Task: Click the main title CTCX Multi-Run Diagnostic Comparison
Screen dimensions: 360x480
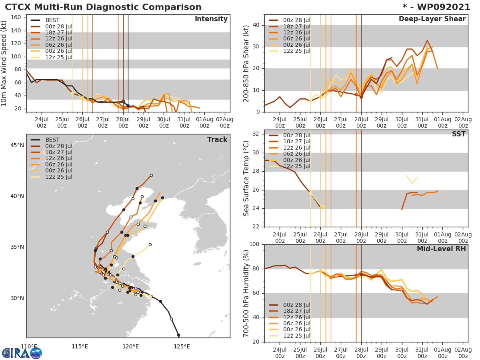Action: point(103,7)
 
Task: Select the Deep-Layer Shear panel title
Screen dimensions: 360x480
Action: point(432,19)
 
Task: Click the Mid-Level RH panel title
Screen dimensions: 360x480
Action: point(441,249)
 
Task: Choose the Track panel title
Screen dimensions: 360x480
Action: point(217,140)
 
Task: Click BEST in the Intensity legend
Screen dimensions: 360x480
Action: point(52,20)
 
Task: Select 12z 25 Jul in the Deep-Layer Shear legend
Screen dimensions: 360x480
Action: point(296,51)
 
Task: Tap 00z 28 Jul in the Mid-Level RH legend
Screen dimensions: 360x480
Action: point(296,305)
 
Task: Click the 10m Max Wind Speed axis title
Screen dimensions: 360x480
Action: point(4,64)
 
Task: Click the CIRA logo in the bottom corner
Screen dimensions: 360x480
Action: point(22,353)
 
